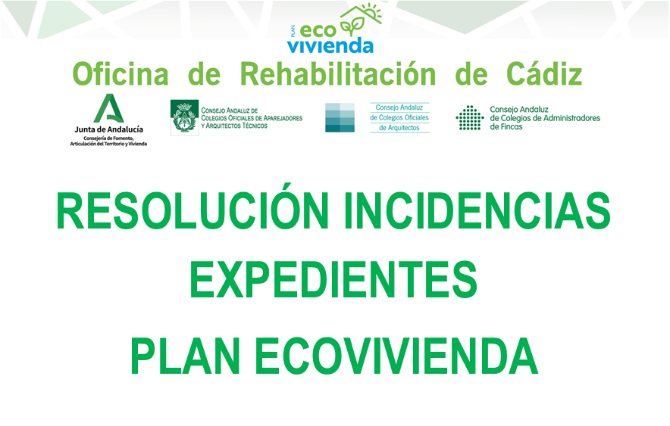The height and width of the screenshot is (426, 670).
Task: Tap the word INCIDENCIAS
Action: click(x=477, y=210)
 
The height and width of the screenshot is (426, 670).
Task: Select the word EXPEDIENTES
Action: click(x=333, y=280)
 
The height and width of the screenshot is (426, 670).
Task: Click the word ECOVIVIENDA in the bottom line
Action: click(x=396, y=356)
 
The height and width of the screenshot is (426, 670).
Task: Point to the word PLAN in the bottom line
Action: click(x=185, y=356)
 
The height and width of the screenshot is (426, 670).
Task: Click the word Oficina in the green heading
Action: click(x=121, y=73)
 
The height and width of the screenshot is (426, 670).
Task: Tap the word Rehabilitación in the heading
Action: click(x=338, y=73)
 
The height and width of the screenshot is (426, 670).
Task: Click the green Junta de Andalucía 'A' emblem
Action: click(x=108, y=108)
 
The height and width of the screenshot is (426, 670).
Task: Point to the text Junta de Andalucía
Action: click(x=108, y=129)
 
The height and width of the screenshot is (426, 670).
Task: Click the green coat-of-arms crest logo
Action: click(x=185, y=118)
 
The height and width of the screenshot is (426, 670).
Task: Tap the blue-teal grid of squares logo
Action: click(x=340, y=117)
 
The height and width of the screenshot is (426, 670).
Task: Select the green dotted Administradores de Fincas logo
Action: click(x=470, y=118)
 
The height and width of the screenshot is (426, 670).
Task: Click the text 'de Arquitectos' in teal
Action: click(x=399, y=128)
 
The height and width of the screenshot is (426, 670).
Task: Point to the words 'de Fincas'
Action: click(x=506, y=126)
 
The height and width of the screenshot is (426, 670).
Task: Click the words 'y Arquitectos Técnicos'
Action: click(x=234, y=126)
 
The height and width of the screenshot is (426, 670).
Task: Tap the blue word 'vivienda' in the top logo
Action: click(x=330, y=45)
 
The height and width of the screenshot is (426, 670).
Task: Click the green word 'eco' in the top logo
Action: click(x=318, y=31)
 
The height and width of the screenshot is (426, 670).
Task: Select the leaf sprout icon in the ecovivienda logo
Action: click(x=352, y=26)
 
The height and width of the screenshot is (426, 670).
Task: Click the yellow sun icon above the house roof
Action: click(x=372, y=11)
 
